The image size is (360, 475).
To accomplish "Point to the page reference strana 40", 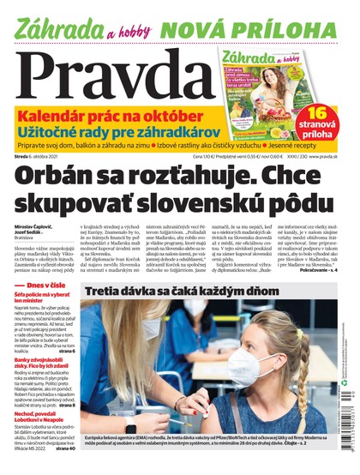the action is coord(65,471).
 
